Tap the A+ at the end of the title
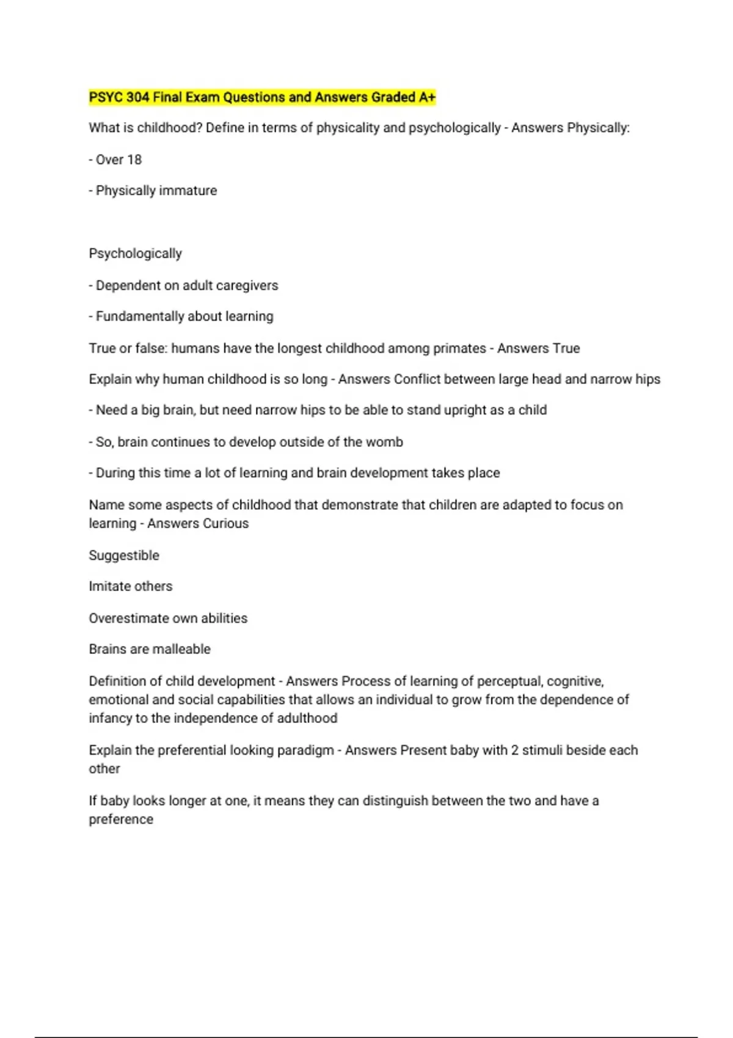(427, 97)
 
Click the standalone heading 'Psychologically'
(135, 253)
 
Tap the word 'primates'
(459, 348)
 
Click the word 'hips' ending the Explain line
(647, 379)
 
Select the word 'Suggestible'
(124, 555)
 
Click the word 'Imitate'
(109, 586)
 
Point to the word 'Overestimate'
(127, 618)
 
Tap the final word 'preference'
(121, 819)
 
